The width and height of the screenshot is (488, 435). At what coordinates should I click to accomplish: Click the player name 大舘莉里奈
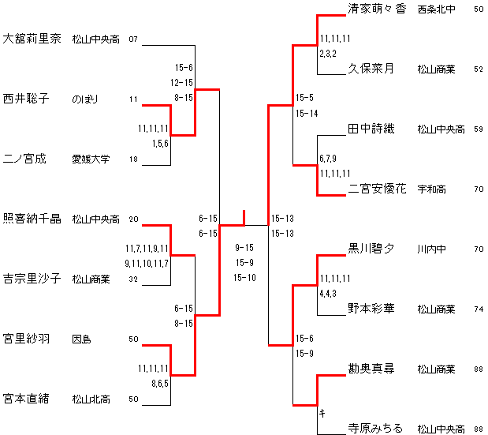[x=32, y=39]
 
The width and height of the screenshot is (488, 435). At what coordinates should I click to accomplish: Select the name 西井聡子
[x=27, y=99]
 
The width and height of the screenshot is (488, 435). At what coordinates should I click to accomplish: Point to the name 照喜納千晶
[x=32, y=219]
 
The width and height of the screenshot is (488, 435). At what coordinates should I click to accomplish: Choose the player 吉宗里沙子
[x=32, y=279]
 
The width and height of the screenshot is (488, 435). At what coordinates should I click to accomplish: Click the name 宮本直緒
[x=27, y=399]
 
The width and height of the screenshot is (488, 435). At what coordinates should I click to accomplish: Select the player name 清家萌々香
[x=377, y=9]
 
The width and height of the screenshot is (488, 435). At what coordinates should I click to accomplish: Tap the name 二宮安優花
[x=377, y=189]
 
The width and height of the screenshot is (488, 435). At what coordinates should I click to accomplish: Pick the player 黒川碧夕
[x=371, y=249]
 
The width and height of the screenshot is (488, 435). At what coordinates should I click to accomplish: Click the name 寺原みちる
[x=375, y=429]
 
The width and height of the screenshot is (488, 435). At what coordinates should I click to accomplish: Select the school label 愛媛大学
[x=91, y=159]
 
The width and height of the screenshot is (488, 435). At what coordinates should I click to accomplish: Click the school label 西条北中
[x=436, y=9]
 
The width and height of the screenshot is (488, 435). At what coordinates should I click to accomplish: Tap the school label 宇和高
[x=432, y=189]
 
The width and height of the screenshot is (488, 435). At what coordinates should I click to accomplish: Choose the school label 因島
[x=81, y=339]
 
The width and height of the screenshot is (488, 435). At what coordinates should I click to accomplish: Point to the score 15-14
[x=307, y=114]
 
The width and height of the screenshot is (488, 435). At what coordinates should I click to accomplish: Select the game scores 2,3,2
[x=329, y=54]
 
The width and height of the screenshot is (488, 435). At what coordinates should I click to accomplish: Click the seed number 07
[x=133, y=39]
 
